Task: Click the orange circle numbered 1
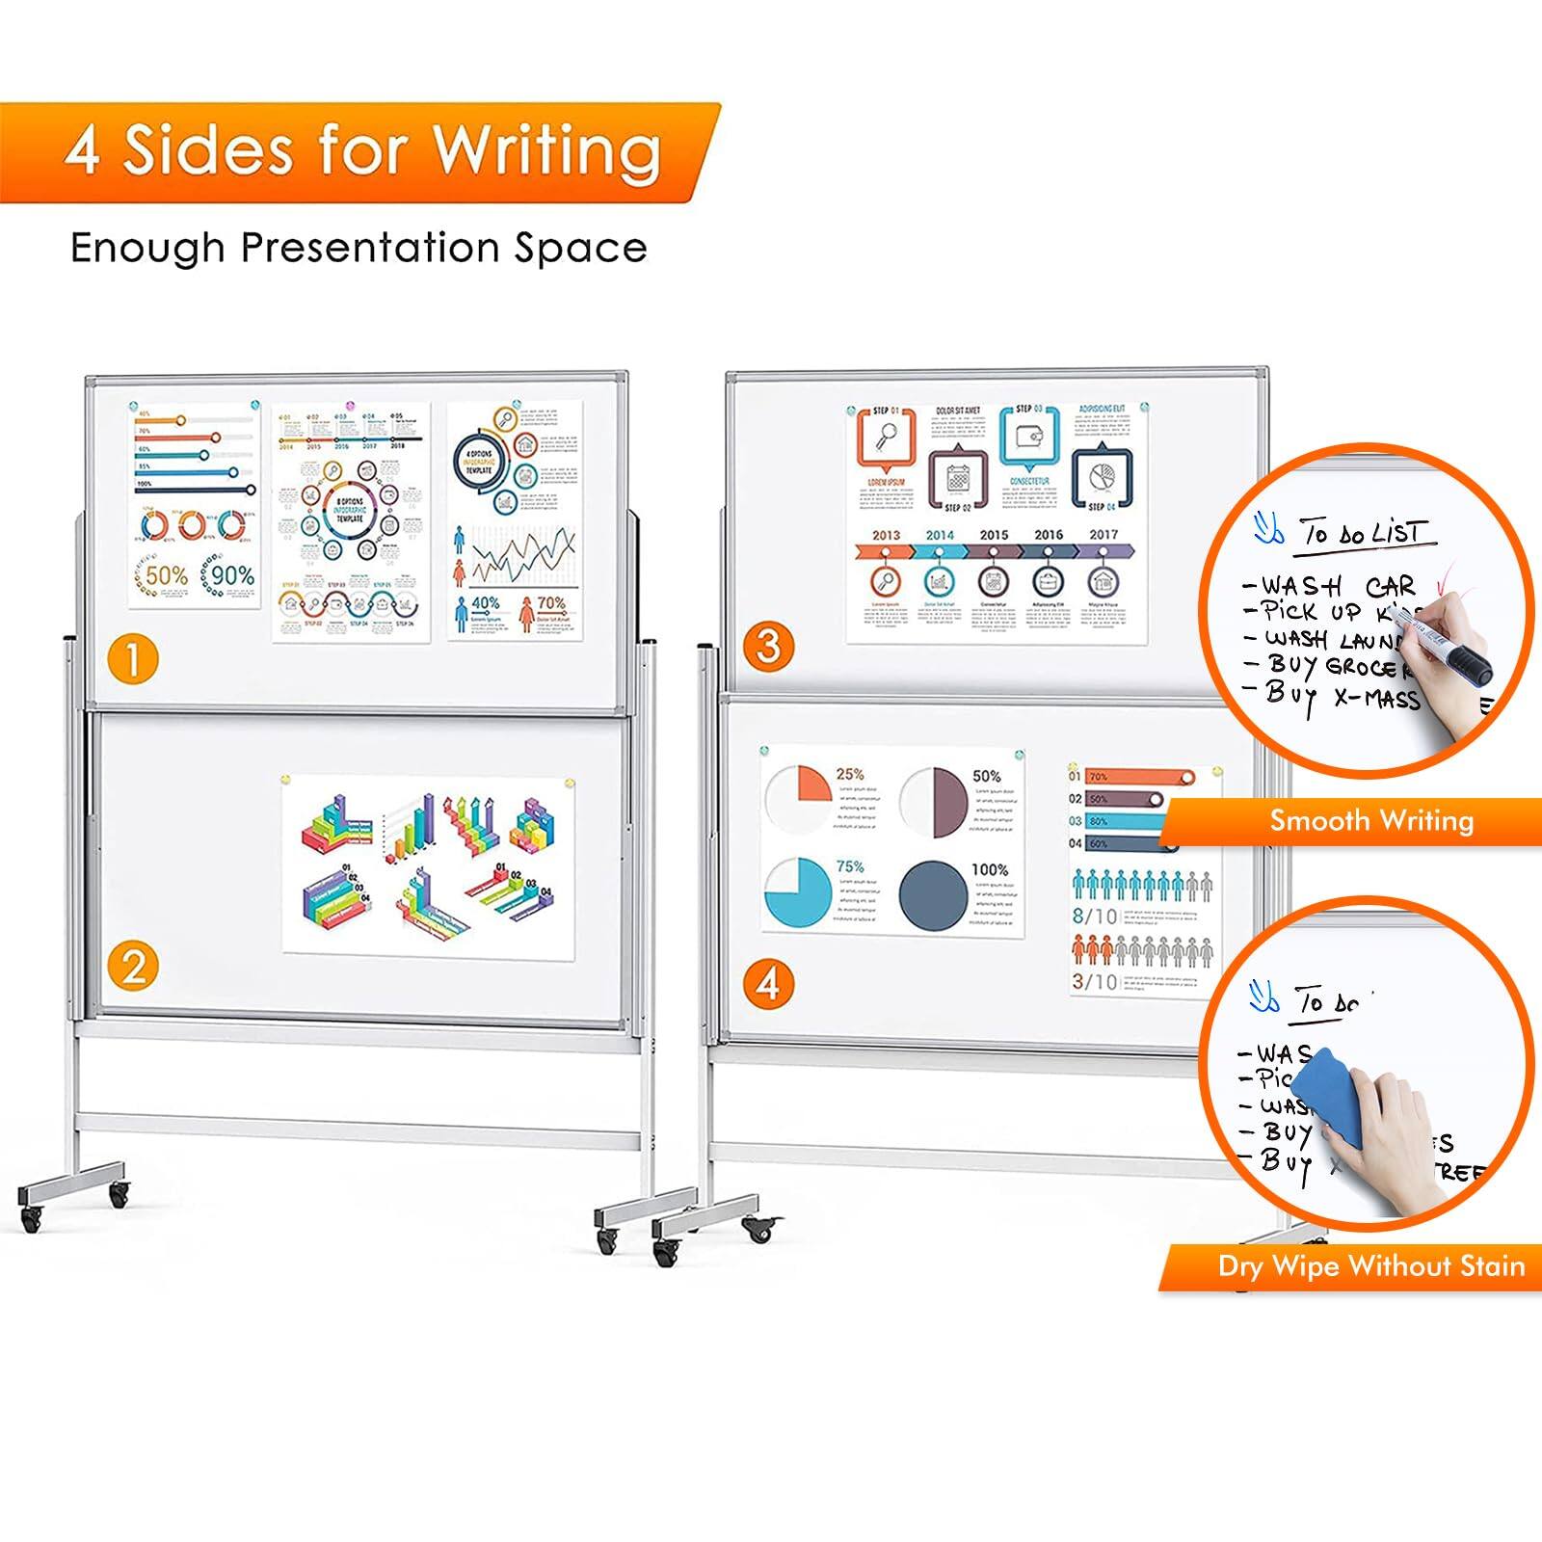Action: tap(132, 660)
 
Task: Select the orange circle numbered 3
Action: tap(768, 646)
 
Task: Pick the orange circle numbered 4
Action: tap(768, 984)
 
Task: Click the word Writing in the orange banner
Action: tap(546, 151)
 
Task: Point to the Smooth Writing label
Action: tap(1370, 821)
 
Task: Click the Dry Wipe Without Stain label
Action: tap(1370, 1265)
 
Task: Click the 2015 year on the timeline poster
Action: tap(994, 535)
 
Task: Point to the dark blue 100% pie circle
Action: tap(932, 894)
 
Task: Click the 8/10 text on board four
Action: tap(1095, 917)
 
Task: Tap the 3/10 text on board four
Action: tap(1095, 982)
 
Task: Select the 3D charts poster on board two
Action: tap(429, 864)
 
